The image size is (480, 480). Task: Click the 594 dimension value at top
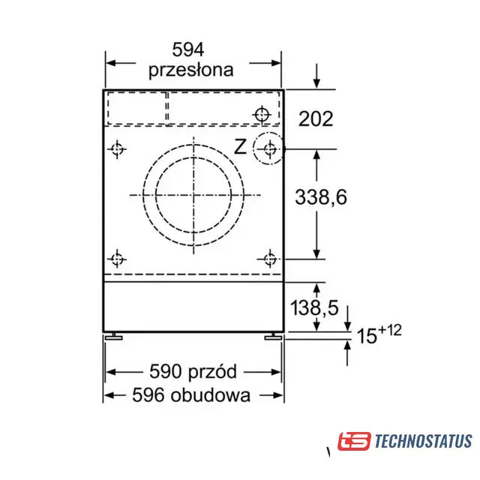[188, 49]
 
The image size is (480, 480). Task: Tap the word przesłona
[191, 70]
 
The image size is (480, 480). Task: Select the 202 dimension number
[316, 118]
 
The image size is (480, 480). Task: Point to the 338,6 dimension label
[321, 196]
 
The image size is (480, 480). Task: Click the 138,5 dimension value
[314, 307]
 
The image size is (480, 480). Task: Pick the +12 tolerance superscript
[390, 330]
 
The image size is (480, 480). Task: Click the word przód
[212, 371]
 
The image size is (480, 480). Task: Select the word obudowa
[211, 395]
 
